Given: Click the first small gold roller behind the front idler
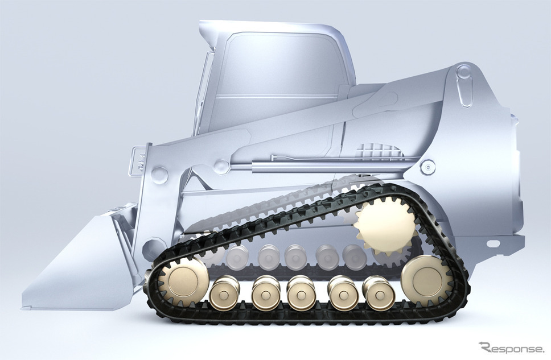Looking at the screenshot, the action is tap(225, 293).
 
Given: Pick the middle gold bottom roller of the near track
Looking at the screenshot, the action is tap(301, 293).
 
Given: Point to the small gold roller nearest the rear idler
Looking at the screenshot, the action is tap(379, 293).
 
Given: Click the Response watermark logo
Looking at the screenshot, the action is tap(511, 348).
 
